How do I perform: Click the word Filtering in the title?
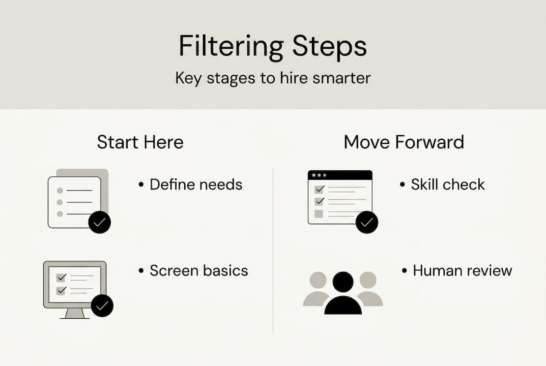[x=231, y=47]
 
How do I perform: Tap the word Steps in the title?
[x=329, y=47]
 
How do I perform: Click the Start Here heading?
[x=140, y=142]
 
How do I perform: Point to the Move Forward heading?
[x=404, y=142]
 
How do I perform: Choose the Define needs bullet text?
[x=196, y=184]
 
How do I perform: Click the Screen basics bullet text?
[x=198, y=270]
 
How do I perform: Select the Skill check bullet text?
[x=448, y=184]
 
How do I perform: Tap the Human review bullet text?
[x=462, y=270]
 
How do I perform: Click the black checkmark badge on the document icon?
[x=99, y=222]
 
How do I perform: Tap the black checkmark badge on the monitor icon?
[x=102, y=306]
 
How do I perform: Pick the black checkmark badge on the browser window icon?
[x=367, y=222]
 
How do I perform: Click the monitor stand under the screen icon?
[x=75, y=313]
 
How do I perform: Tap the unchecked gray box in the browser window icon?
[x=319, y=214]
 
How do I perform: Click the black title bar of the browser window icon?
[x=340, y=175]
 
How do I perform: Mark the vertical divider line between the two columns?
[x=273, y=249]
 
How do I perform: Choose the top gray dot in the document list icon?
[x=60, y=190]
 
